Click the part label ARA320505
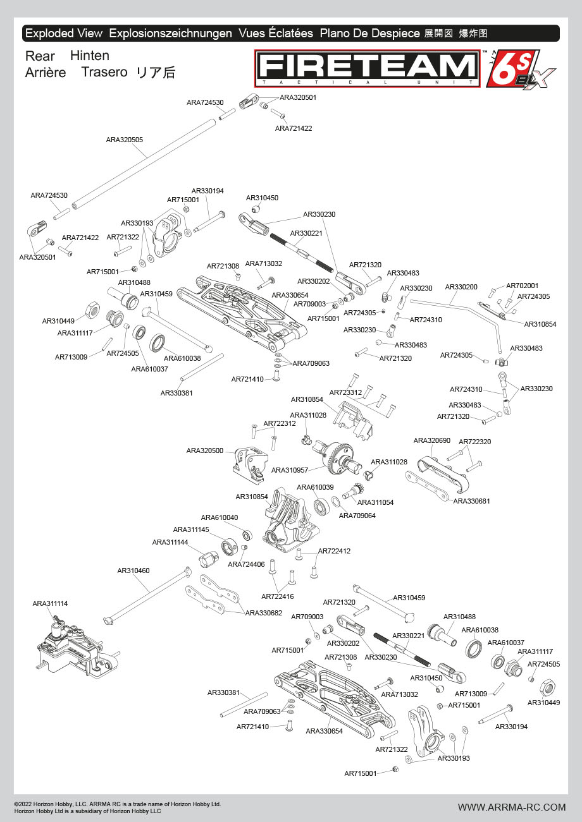124,140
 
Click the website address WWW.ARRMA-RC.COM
512,807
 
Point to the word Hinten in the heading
90,56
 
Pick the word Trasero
104,72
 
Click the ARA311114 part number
50,603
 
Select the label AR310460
133,571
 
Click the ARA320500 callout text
205,450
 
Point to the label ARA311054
376,502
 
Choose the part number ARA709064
357,516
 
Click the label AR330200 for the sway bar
461,287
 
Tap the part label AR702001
523,286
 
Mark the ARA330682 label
264,613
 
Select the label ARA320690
432,440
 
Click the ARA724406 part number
246,564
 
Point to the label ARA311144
170,542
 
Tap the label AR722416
278,596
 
